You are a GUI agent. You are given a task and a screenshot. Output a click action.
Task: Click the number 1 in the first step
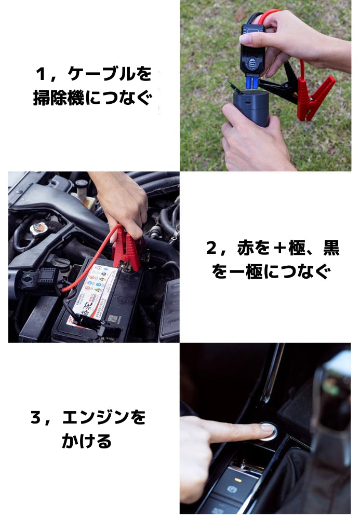click(41, 74)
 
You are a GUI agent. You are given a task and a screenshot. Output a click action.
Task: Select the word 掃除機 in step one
click(59, 98)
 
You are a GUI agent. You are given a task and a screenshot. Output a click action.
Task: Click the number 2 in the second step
click(211, 248)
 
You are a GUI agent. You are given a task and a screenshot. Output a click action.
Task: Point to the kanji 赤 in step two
click(246, 248)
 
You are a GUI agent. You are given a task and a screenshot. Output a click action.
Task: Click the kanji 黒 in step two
click(331, 248)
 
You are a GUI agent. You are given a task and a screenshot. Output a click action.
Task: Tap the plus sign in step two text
click(280, 248)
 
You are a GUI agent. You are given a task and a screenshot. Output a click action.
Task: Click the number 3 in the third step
click(36, 417)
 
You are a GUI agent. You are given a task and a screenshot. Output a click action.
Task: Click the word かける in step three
click(86, 441)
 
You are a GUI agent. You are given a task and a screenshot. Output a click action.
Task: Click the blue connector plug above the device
click(252, 82)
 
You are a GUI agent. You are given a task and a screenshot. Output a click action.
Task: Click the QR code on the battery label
click(112, 319)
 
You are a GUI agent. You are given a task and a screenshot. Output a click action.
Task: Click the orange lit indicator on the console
click(237, 479)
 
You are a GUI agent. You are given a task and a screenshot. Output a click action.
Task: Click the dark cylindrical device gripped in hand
click(251, 108)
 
